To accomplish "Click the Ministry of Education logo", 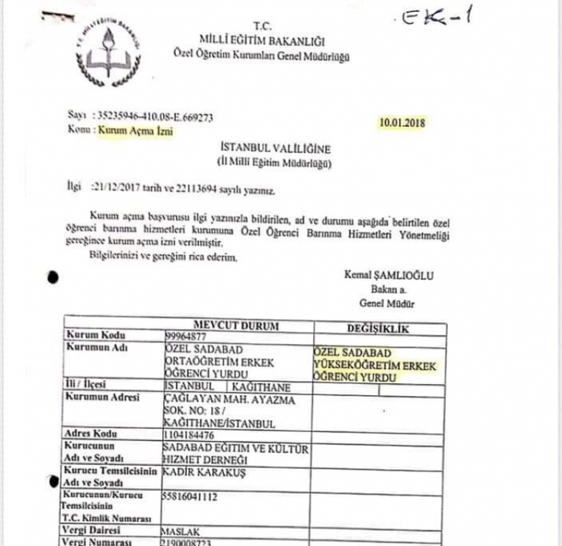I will (x=106, y=52).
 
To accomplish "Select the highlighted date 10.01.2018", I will (x=403, y=123).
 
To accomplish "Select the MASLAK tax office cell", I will (x=180, y=531).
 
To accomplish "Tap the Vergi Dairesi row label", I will (x=93, y=530).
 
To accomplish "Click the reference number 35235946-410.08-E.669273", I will (x=153, y=116).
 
